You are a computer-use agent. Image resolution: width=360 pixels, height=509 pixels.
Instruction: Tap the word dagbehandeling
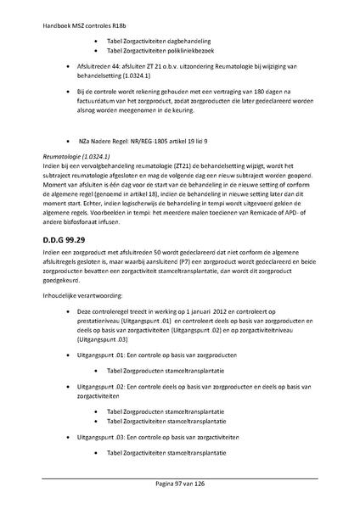tap(188, 40)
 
